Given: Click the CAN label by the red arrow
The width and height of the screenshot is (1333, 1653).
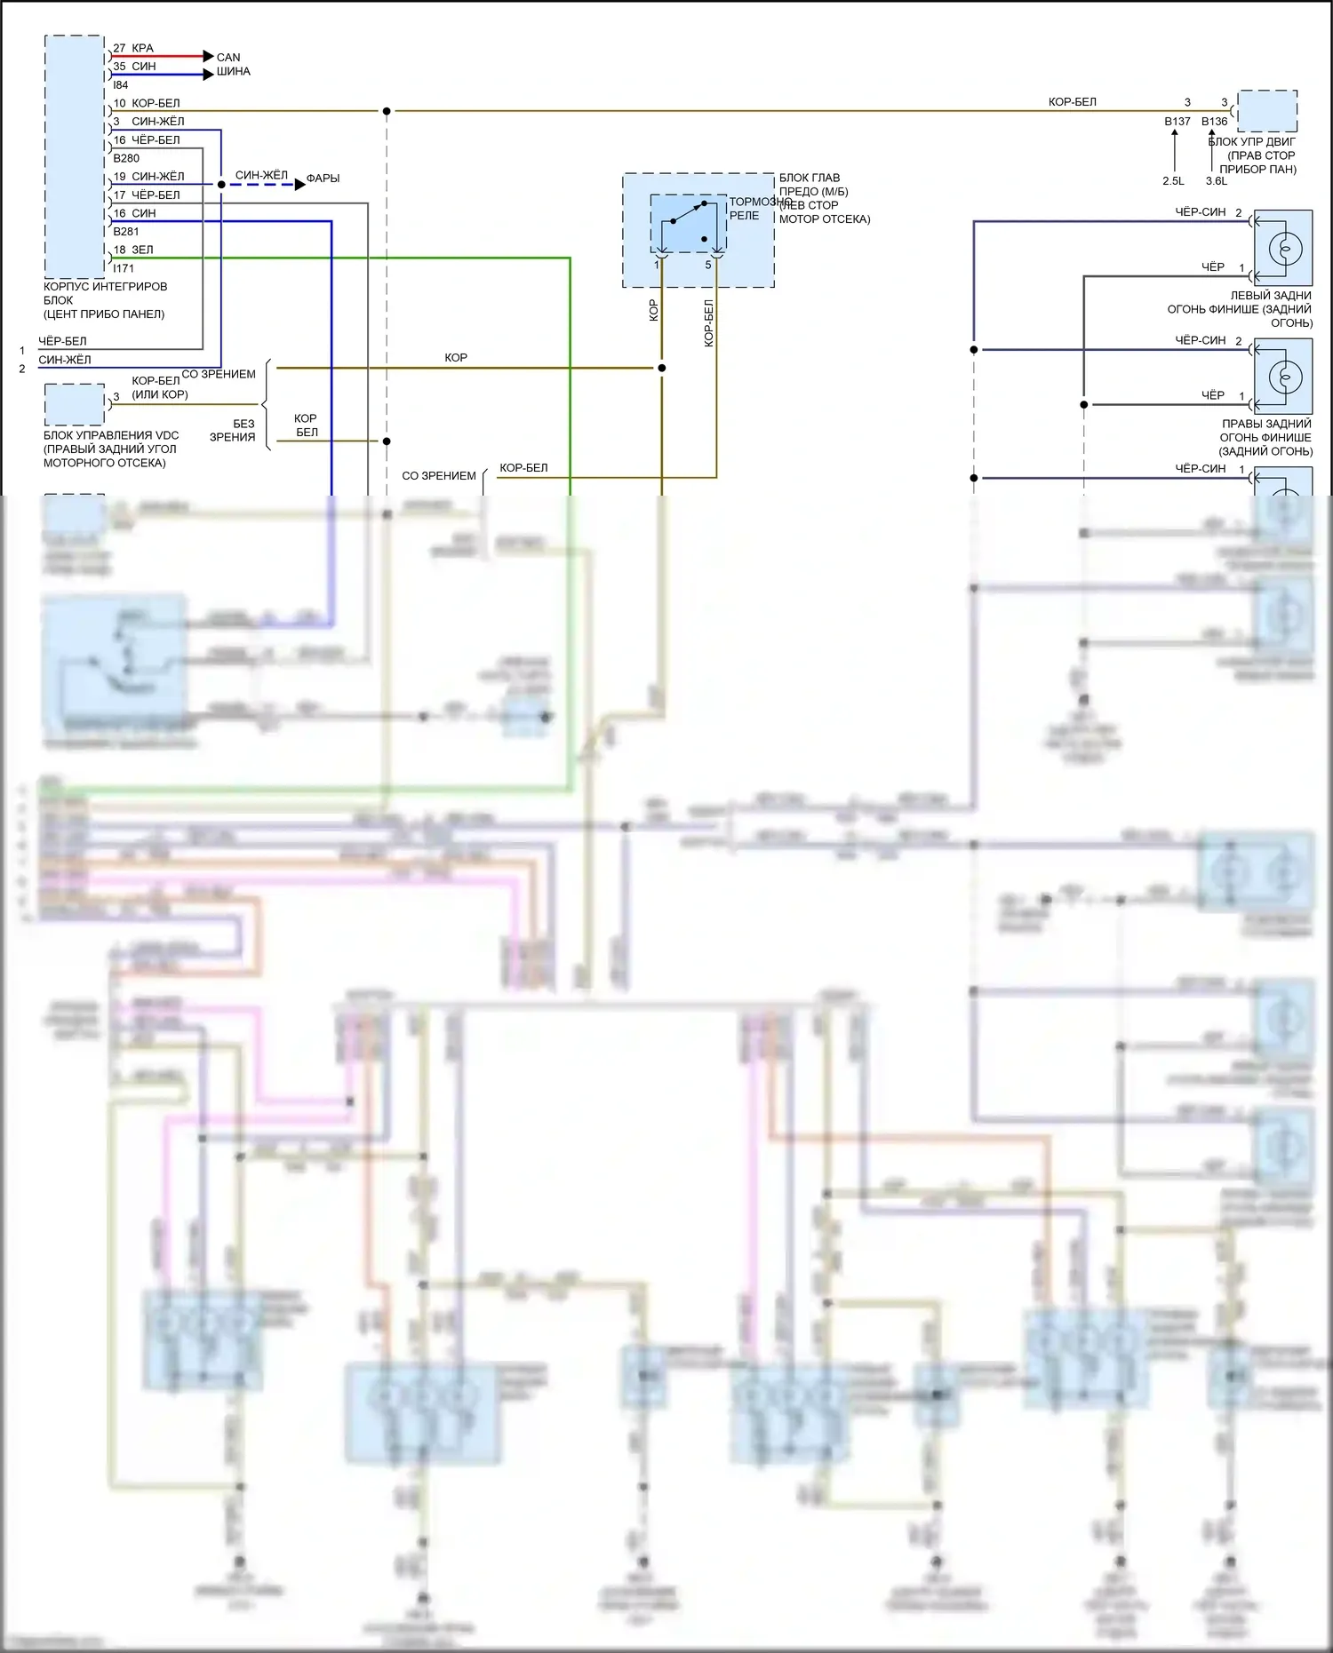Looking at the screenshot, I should click(228, 57).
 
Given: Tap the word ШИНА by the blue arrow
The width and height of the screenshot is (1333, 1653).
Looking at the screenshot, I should click(234, 71).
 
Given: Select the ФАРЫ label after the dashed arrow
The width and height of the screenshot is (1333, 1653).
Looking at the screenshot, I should click(323, 179).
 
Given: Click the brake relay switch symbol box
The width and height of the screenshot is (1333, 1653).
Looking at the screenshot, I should click(688, 223).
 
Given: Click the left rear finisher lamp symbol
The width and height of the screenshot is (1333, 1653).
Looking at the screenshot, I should click(1284, 248).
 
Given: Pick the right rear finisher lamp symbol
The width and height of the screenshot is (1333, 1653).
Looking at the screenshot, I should click(1284, 376).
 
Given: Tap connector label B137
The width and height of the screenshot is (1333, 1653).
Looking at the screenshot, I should click(1177, 122).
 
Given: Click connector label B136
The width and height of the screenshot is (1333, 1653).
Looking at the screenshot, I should click(1214, 122).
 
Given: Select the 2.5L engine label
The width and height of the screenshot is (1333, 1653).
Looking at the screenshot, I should click(1173, 181).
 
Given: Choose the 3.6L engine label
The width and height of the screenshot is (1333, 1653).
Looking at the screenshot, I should click(1216, 181).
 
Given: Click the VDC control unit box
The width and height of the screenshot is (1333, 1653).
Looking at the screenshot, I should click(75, 404).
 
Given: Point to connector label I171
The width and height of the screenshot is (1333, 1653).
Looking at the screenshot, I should click(124, 268).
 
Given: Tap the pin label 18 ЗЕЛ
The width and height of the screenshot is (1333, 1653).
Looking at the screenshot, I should click(133, 250).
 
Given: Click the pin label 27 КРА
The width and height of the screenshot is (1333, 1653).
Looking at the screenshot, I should click(133, 48).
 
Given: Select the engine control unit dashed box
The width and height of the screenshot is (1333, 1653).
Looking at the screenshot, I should click(1267, 110).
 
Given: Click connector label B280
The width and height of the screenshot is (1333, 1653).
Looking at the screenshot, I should click(126, 158).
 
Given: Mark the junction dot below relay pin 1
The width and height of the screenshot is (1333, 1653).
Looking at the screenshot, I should click(661, 368).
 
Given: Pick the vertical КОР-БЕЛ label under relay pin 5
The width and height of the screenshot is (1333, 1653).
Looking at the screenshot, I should click(709, 323).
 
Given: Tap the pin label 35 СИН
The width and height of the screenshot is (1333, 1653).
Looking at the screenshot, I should click(134, 67).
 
